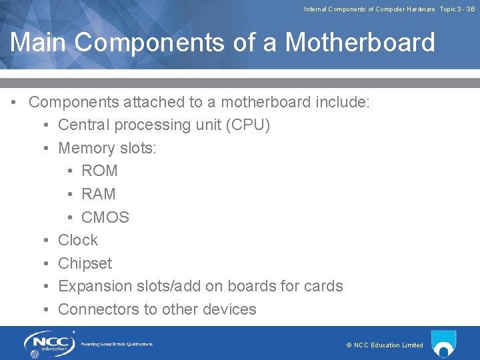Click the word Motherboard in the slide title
(x=360, y=43)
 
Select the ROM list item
(x=99, y=171)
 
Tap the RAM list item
(x=99, y=194)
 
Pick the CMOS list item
(x=105, y=217)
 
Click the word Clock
(x=78, y=240)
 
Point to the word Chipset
(x=85, y=263)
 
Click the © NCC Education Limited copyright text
(x=385, y=345)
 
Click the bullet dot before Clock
(x=45, y=240)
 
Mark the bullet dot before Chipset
(x=45, y=263)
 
